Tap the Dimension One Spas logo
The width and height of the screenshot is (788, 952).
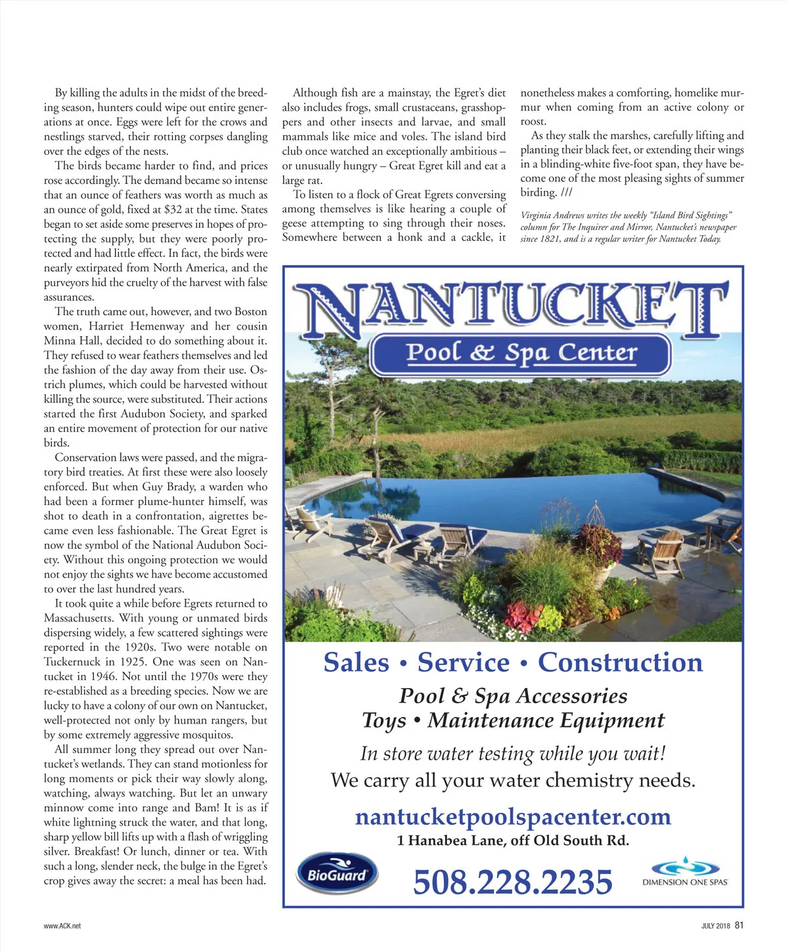point(685,873)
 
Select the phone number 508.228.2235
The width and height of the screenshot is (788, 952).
point(512,882)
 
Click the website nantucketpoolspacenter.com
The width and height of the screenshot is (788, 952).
point(513,817)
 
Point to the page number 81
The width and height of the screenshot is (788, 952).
point(739,925)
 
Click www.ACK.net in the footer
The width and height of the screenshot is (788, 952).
point(62,926)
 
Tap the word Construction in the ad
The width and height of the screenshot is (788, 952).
point(620,662)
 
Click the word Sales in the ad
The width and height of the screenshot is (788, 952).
point(356,662)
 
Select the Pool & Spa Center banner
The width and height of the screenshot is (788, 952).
point(521,354)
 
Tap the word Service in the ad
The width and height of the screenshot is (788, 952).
point(464,662)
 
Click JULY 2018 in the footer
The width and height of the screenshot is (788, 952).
point(715,926)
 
